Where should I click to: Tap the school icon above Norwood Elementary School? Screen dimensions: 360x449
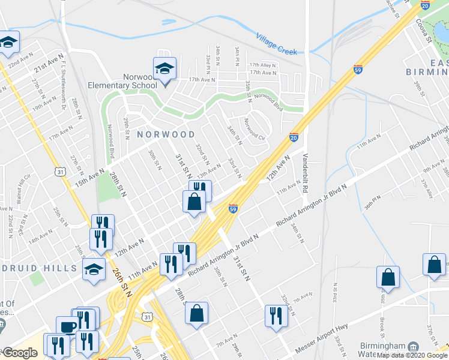(x=164, y=68)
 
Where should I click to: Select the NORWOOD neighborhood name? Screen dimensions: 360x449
(x=166, y=134)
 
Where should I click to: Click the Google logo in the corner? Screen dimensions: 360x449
(x=20, y=353)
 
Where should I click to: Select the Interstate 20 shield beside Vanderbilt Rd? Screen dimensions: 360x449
(x=294, y=137)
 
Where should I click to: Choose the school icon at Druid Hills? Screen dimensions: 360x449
(x=94, y=269)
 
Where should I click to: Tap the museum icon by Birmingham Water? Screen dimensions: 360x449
(x=413, y=348)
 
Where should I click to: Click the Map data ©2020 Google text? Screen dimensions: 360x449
(x=412, y=355)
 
